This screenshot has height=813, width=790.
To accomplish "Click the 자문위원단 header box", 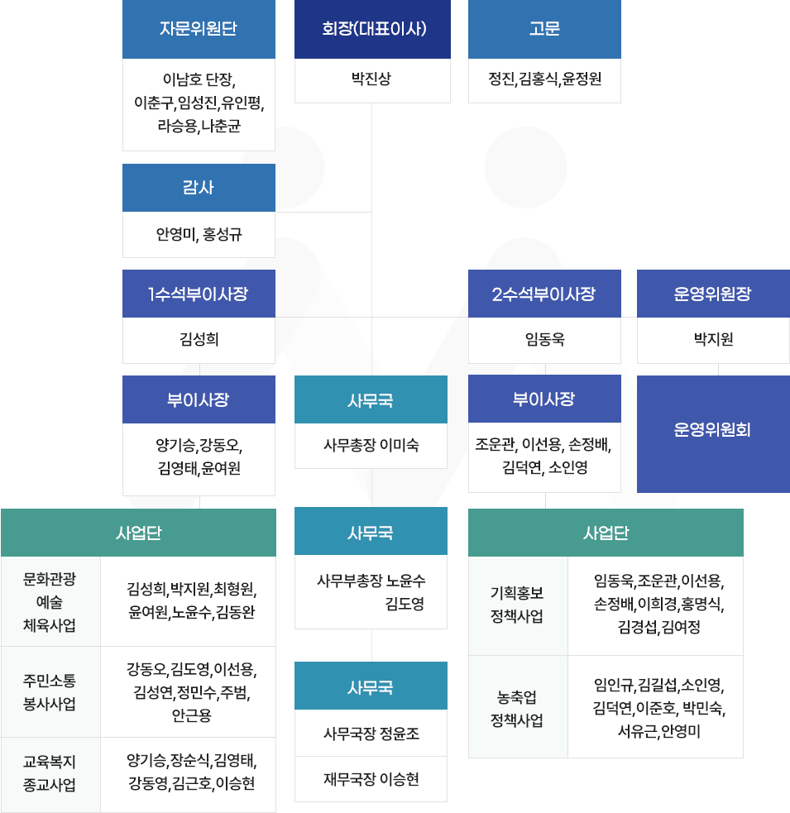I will click(x=199, y=29).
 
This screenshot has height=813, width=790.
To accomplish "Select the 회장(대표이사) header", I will click(x=372, y=29).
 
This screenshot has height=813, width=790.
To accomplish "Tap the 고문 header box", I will click(x=544, y=29).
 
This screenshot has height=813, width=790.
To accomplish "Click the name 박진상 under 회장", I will click(x=371, y=79).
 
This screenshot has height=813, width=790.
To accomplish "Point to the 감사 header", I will click(x=199, y=187).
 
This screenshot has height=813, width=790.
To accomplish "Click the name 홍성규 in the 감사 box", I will click(x=221, y=235).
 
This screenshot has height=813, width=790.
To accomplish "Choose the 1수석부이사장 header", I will click(x=199, y=294).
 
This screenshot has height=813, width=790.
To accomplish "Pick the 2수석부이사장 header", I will click(x=544, y=294).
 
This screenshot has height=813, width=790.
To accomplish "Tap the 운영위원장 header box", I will click(x=713, y=294).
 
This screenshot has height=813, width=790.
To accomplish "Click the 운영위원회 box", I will click(x=713, y=430).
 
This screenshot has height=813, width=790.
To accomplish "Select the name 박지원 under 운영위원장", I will click(x=713, y=339).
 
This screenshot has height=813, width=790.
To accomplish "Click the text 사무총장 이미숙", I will click(x=371, y=446).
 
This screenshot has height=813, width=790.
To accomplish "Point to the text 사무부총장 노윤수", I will click(x=371, y=581).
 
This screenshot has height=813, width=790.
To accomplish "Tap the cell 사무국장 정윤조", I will click(x=371, y=733).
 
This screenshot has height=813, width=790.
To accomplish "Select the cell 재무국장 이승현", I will click(x=371, y=779).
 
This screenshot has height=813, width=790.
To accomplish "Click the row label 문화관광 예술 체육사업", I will click(x=50, y=601).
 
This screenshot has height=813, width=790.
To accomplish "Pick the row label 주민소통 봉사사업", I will click(x=50, y=692).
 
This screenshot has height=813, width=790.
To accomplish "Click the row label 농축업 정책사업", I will click(x=517, y=708).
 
